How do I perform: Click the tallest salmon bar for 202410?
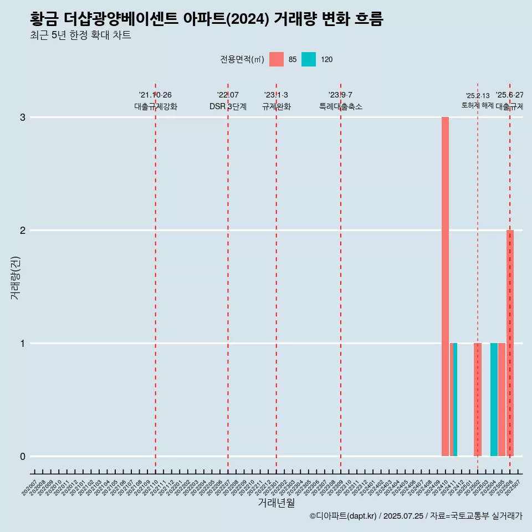click(x=445, y=287)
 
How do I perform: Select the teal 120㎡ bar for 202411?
click(x=456, y=400)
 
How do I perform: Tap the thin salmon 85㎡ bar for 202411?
click(x=452, y=400)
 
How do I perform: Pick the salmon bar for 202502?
click(x=478, y=400)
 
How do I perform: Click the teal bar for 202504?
click(x=494, y=400)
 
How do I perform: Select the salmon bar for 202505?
click(x=502, y=400)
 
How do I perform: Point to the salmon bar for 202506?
click(x=510, y=343)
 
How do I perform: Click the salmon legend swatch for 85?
click(x=277, y=59)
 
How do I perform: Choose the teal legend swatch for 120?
click(x=309, y=59)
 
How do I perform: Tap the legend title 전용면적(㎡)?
click(x=242, y=59)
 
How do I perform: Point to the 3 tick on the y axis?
click(x=23, y=117)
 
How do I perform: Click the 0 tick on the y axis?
click(x=23, y=457)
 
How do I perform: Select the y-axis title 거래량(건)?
click(x=16, y=278)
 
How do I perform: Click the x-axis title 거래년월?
click(x=276, y=503)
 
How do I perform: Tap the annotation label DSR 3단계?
click(x=228, y=106)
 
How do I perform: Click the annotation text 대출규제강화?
click(x=156, y=106)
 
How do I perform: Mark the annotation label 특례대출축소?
click(x=341, y=106)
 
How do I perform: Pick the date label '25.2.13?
click(x=477, y=96)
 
